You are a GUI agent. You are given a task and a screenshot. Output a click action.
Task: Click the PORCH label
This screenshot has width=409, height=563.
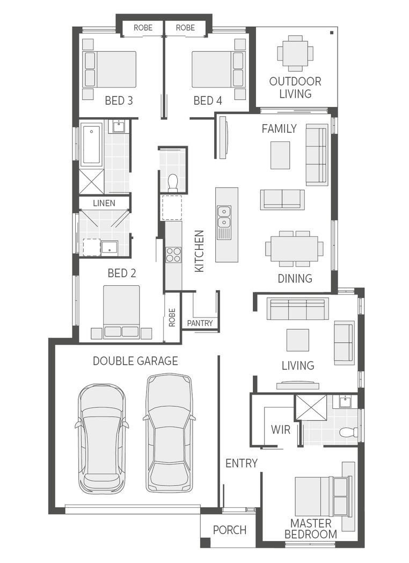tap(230, 530)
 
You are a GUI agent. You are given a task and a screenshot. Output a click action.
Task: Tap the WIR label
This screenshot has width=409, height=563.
tap(280, 430)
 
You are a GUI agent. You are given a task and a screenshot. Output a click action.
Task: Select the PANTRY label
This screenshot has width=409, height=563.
tap(200, 323)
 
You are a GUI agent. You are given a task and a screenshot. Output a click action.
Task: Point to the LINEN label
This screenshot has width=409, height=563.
tap(104, 203)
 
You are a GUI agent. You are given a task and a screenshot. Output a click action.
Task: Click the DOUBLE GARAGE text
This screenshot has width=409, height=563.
tap(135, 361)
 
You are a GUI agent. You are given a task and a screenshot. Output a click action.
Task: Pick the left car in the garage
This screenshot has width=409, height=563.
tap(102, 438)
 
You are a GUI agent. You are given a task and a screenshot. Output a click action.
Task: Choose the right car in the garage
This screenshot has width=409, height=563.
tap(169, 432)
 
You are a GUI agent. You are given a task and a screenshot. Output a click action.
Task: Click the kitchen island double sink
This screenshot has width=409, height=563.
tap(224, 219)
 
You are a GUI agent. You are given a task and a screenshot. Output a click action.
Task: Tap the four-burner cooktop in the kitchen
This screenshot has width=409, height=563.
tap(173, 254)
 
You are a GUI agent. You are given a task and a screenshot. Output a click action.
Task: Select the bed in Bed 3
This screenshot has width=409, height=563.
tap(110, 69)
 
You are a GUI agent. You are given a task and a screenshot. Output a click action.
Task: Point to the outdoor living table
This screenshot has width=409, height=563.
tap(295, 53)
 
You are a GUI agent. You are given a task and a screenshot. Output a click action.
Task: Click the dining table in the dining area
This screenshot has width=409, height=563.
tap(294, 249)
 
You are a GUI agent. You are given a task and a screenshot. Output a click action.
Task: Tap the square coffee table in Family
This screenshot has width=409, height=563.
tap(280, 155)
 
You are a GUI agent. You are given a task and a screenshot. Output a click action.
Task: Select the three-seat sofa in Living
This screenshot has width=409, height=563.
tap(297, 309)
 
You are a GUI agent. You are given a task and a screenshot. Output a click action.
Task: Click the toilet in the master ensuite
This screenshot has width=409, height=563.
tap(350, 431)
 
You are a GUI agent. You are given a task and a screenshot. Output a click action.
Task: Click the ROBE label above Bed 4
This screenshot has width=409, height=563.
tap(185, 27)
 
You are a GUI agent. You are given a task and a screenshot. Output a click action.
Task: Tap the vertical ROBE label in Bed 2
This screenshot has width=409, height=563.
tap(172, 317)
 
